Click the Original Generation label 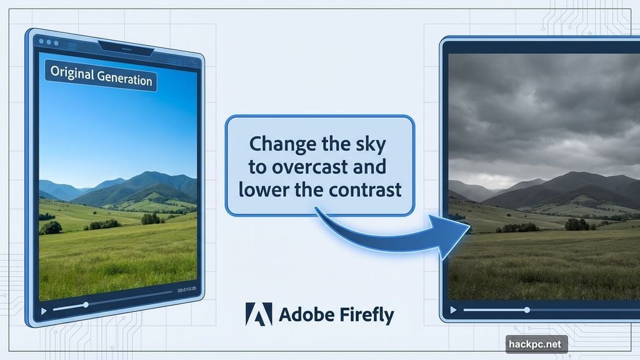pyautogui.click(x=100, y=78)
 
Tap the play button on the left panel pyautogui.click(x=43, y=311)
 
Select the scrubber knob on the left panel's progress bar pyautogui.click(x=86, y=305)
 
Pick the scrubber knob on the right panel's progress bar pyautogui.click(x=527, y=309)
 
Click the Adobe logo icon pyautogui.click(x=259, y=314)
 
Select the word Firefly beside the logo pyautogui.click(x=367, y=315)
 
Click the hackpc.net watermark pyautogui.click(x=536, y=343)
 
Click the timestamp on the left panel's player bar pyautogui.click(x=187, y=290)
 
